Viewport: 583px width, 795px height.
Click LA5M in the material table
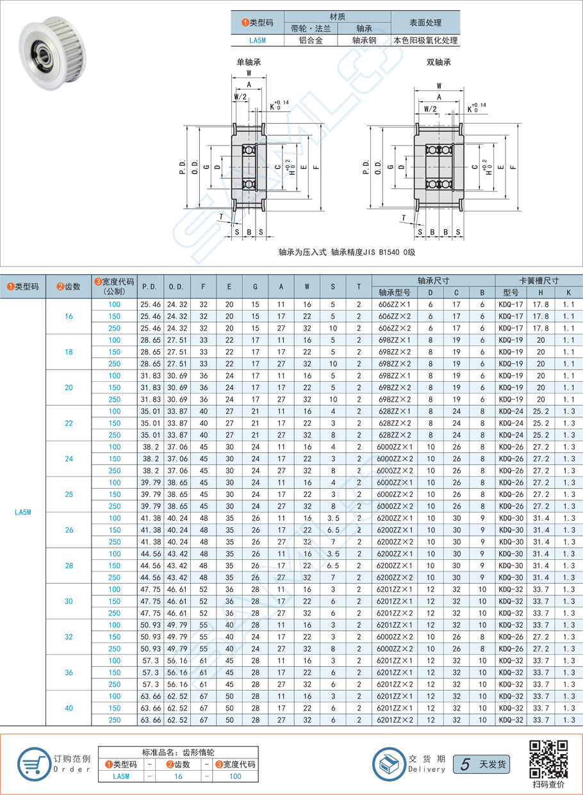pos(257,40)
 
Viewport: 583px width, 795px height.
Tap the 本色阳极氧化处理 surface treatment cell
pos(425,40)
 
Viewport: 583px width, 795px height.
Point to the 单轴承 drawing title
pos(249,62)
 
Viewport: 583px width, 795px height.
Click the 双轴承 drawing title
pos(439,62)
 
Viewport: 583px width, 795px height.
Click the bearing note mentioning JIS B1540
pos(347,252)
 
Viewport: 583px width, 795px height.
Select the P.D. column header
pos(149,286)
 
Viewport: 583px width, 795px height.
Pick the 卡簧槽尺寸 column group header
pos(539,280)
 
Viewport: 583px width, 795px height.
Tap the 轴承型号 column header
pos(394,292)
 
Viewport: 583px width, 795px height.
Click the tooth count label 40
pos(69,708)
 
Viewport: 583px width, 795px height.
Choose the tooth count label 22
pos(69,423)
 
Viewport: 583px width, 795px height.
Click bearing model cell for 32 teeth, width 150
pos(394,637)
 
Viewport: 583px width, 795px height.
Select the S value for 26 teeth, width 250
pos(333,542)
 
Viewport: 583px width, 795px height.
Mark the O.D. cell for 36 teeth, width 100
pos(177,660)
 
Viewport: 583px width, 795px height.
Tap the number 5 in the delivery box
pos(466,764)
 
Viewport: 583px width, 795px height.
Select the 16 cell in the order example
pos(178,776)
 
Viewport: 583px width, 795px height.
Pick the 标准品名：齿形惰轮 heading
pos(178,752)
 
